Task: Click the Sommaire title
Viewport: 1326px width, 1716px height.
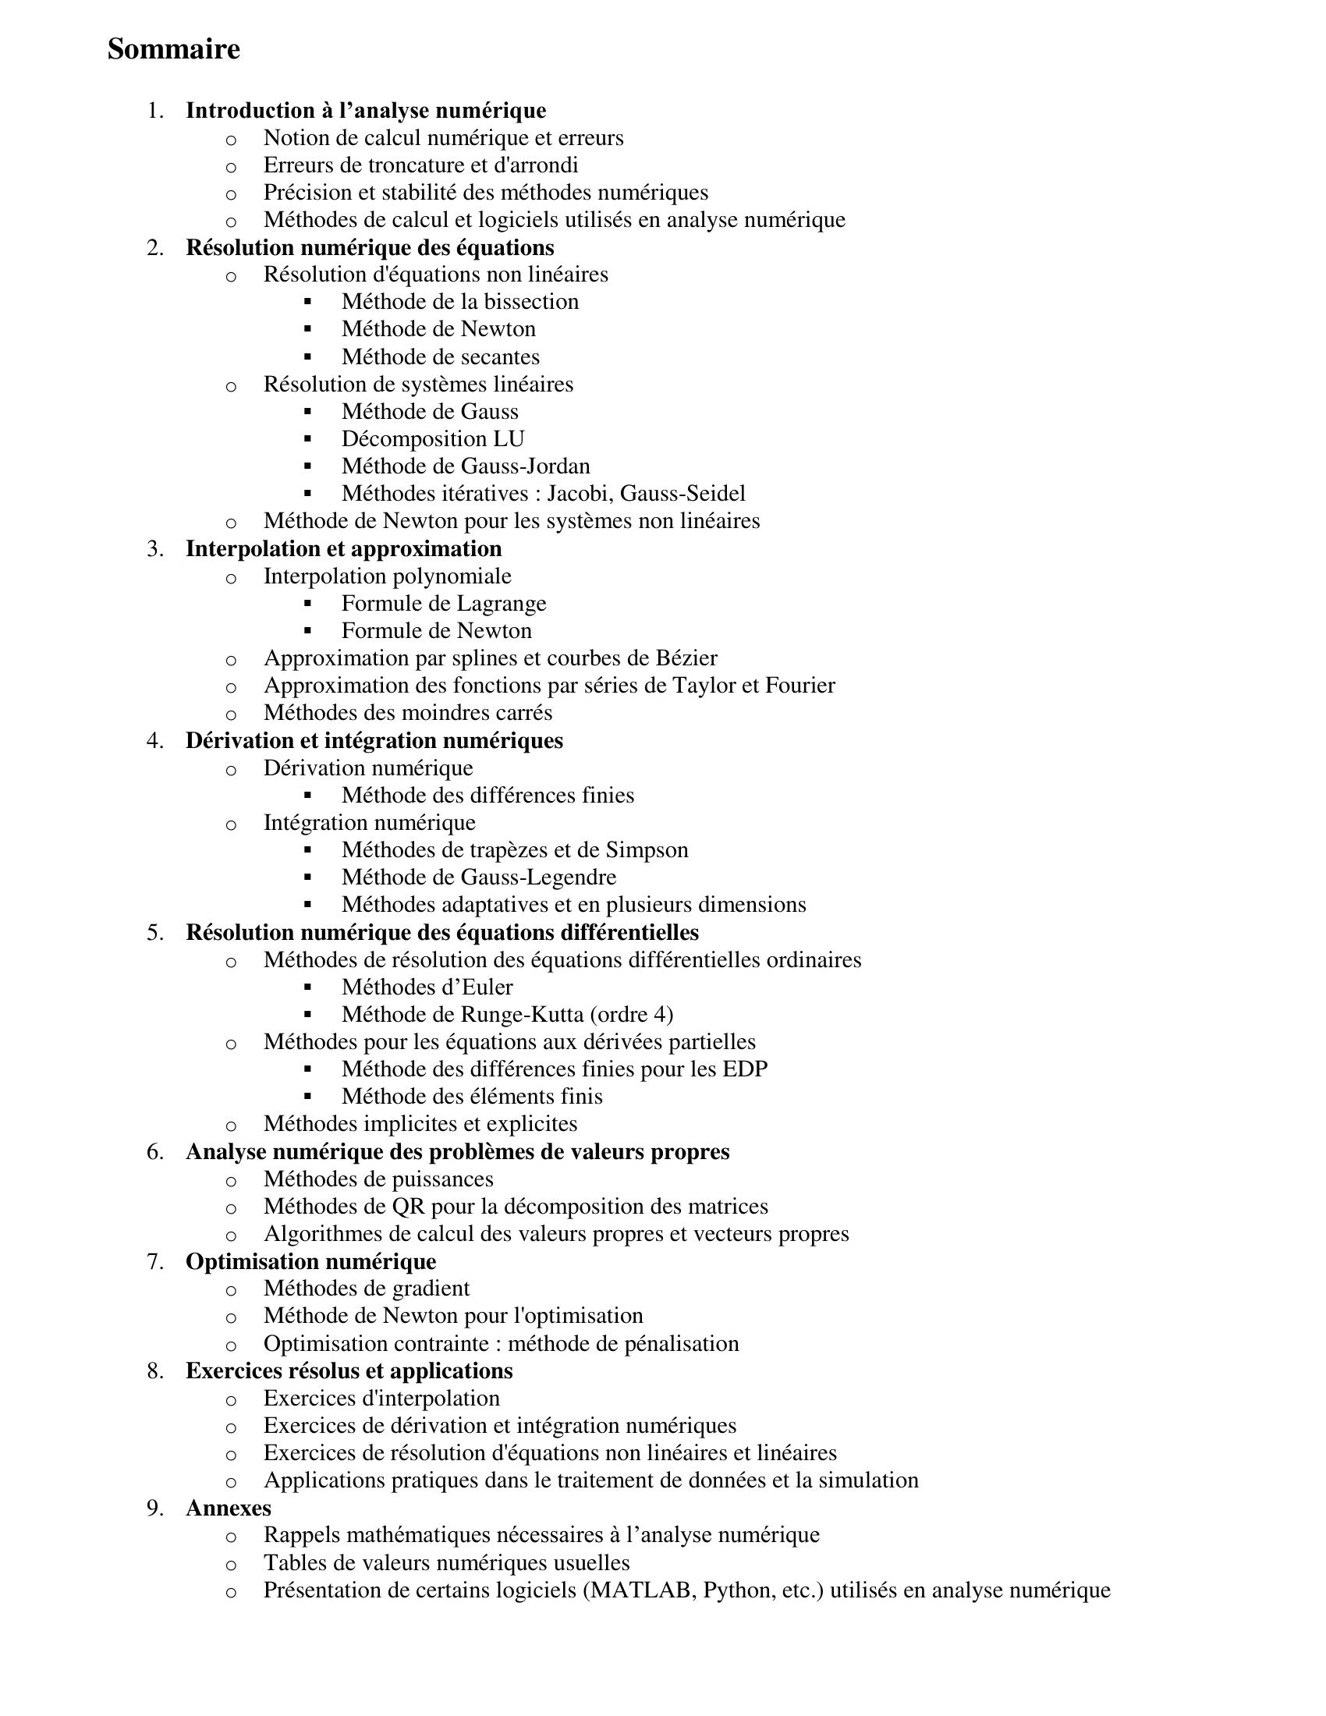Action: coord(174,49)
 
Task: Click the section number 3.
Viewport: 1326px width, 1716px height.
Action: coord(154,548)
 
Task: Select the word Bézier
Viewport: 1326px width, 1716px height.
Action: coord(686,658)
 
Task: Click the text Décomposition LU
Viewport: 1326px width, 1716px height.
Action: coord(433,438)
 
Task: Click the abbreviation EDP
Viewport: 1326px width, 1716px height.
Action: coord(745,1069)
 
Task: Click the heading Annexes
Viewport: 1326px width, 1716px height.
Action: coord(229,1507)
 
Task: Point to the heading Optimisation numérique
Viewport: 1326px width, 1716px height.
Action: coord(311,1261)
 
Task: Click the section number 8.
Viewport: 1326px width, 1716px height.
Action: coord(154,1370)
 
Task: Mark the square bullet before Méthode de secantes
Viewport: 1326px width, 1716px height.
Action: coord(307,356)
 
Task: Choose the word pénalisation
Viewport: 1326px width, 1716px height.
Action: coord(682,1344)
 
